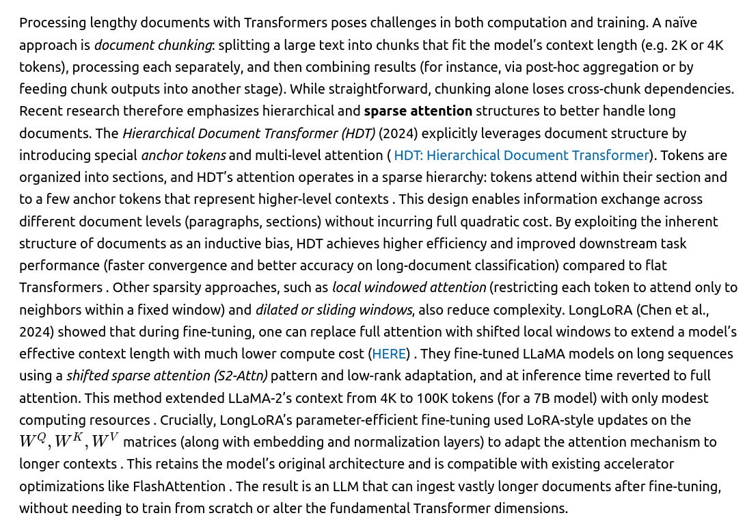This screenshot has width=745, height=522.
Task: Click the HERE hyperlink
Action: [389, 354]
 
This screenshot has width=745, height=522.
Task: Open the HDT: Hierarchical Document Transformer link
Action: [521, 155]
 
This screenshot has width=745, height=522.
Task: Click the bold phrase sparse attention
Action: [418, 111]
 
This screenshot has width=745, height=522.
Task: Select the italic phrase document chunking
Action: [152, 45]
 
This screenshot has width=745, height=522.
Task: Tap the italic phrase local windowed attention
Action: [409, 287]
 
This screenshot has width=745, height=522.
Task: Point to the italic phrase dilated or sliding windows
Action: [334, 310]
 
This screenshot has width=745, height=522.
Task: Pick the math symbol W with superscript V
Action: [105, 441]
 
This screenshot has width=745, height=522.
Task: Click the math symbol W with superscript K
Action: [68, 441]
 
